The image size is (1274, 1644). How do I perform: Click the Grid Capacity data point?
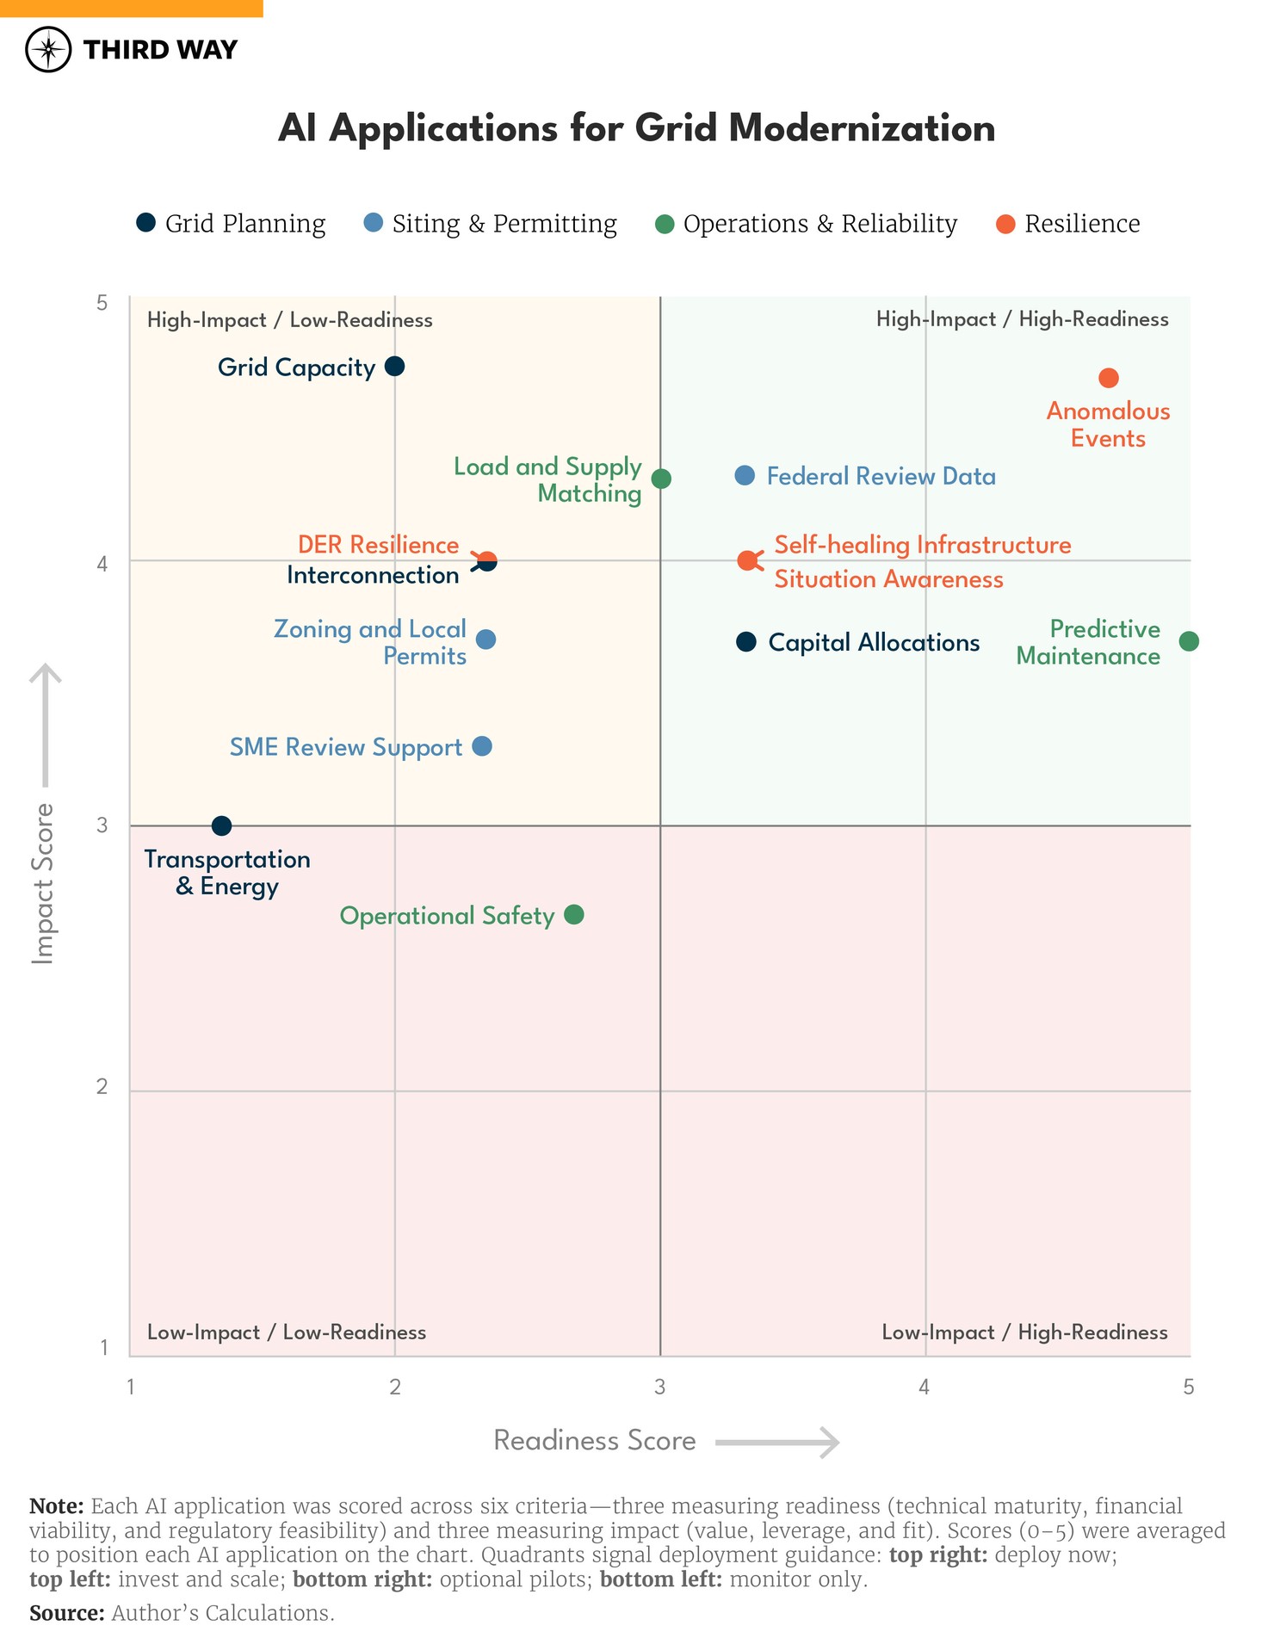pyautogui.click(x=394, y=366)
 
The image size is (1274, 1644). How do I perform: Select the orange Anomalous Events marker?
pyautogui.click(x=1108, y=378)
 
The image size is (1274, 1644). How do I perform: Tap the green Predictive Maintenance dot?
pyautogui.click(x=1188, y=641)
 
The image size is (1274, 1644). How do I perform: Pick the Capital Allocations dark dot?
pyautogui.click(x=746, y=641)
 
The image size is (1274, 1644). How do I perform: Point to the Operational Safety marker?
pyautogui.click(x=574, y=914)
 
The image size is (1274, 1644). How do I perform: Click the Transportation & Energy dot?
pyautogui.click(x=221, y=825)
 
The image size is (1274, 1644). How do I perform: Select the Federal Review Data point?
pyautogui.click(x=745, y=475)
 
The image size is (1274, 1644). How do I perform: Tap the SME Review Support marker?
pyautogui.click(x=482, y=745)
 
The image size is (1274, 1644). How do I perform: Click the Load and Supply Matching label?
pyautogui.click(x=547, y=479)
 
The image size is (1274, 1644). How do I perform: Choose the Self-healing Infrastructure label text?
pyautogui.click(x=922, y=545)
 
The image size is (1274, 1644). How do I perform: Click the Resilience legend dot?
pyautogui.click(x=1005, y=224)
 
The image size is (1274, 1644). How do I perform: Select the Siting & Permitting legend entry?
pyautogui.click(x=491, y=224)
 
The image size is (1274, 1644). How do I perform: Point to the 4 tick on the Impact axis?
pyautogui.click(x=102, y=564)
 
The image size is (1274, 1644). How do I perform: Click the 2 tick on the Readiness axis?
pyautogui.click(x=394, y=1387)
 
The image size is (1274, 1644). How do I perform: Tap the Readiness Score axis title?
pyautogui.click(x=594, y=1440)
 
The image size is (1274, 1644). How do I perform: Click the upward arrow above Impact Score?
pyautogui.click(x=46, y=723)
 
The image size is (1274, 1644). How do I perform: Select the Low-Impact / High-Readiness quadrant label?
pyautogui.click(x=1024, y=1332)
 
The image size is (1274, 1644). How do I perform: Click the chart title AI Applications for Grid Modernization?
pyautogui.click(x=636, y=128)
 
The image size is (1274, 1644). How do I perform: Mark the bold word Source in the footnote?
pyautogui.click(x=66, y=1612)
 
